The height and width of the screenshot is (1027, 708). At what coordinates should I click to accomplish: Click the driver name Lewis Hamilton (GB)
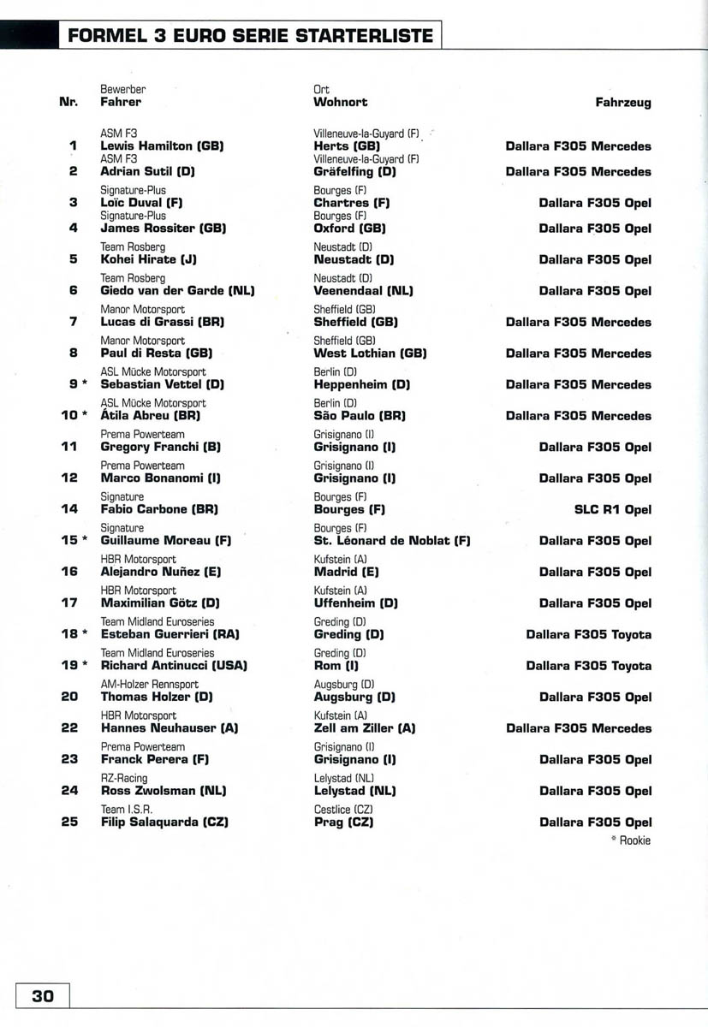(162, 146)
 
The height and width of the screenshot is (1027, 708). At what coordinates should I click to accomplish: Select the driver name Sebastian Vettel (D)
(162, 385)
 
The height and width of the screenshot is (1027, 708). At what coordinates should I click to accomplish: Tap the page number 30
(43, 996)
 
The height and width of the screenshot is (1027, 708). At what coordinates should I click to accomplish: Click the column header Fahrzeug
(622, 103)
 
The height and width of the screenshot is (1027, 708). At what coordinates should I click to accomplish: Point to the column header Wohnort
(341, 102)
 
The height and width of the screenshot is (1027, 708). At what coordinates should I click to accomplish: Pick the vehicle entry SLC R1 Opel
(612, 510)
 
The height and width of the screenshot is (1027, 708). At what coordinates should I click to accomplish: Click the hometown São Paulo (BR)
(360, 416)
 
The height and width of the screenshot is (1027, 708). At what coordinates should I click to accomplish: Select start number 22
(70, 728)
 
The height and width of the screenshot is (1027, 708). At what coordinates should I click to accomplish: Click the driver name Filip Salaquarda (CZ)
(164, 822)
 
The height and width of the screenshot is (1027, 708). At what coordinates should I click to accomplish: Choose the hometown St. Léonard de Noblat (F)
(392, 541)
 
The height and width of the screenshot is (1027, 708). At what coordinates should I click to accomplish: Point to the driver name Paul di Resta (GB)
(157, 353)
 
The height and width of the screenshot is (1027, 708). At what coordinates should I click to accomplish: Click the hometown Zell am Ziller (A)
(365, 728)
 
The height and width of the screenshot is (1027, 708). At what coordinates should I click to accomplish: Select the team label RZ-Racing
(124, 778)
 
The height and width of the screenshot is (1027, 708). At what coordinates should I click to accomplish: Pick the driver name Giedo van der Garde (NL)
(177, 291)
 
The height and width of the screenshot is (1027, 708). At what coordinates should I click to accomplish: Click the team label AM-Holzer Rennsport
(150, 684)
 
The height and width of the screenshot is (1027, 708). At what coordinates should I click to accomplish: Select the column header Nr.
(68, 103)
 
